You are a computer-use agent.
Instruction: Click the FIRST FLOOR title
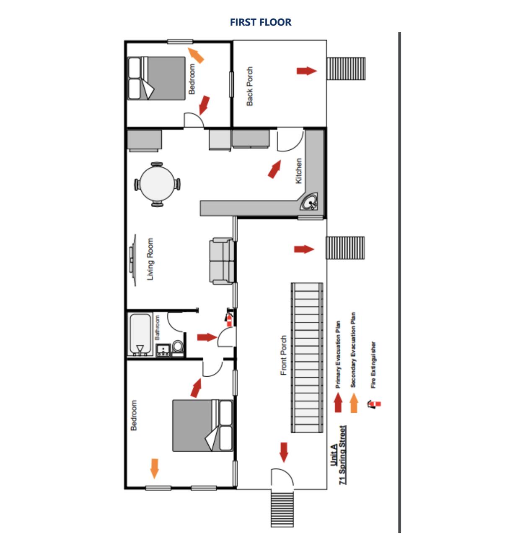coord(260,22)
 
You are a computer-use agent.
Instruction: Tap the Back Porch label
coord(249,86)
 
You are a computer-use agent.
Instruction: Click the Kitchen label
coord(298,171)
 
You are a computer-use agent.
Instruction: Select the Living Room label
coord(150,259)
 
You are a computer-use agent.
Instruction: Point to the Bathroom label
coord(158,328)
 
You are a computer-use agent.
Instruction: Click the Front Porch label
coord(284,355)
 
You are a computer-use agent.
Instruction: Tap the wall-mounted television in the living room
coord(132,260)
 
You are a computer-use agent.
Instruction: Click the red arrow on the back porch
coord(306,70)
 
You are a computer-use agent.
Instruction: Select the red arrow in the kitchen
coord(274,169)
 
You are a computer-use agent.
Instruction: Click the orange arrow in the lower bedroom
coord(154,468)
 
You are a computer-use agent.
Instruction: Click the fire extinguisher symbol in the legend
coord(374,404)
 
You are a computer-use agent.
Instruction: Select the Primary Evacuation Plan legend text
coord(338,354)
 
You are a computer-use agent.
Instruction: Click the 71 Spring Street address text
coord(343,455)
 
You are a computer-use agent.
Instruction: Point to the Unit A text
coord(334,455)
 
